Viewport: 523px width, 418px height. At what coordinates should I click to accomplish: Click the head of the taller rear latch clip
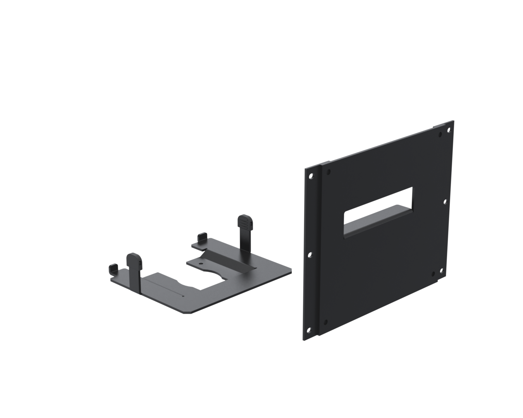click(245, 221)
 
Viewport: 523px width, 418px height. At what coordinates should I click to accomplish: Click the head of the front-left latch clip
click(134, 259)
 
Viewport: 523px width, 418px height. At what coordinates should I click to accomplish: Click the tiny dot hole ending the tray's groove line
click(183, 296)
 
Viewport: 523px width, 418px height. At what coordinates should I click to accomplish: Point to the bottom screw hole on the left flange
click(309, 330)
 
